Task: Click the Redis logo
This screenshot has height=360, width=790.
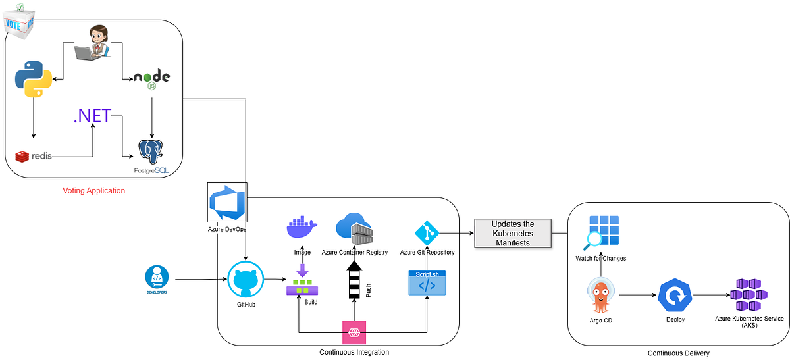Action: [33, 157]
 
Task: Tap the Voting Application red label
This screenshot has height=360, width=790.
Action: [93, 191]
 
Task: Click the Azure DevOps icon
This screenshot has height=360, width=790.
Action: [226, 203]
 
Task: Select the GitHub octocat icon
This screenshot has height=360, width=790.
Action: [246, 280]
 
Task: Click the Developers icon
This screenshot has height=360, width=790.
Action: [157, 278]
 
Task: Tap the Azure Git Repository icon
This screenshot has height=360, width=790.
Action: [427, 233]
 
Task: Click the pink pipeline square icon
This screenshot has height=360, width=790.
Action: [354, 332]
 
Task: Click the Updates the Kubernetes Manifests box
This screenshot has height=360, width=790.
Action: [513, 233]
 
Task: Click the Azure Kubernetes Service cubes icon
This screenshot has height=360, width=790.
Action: [749, 294]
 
